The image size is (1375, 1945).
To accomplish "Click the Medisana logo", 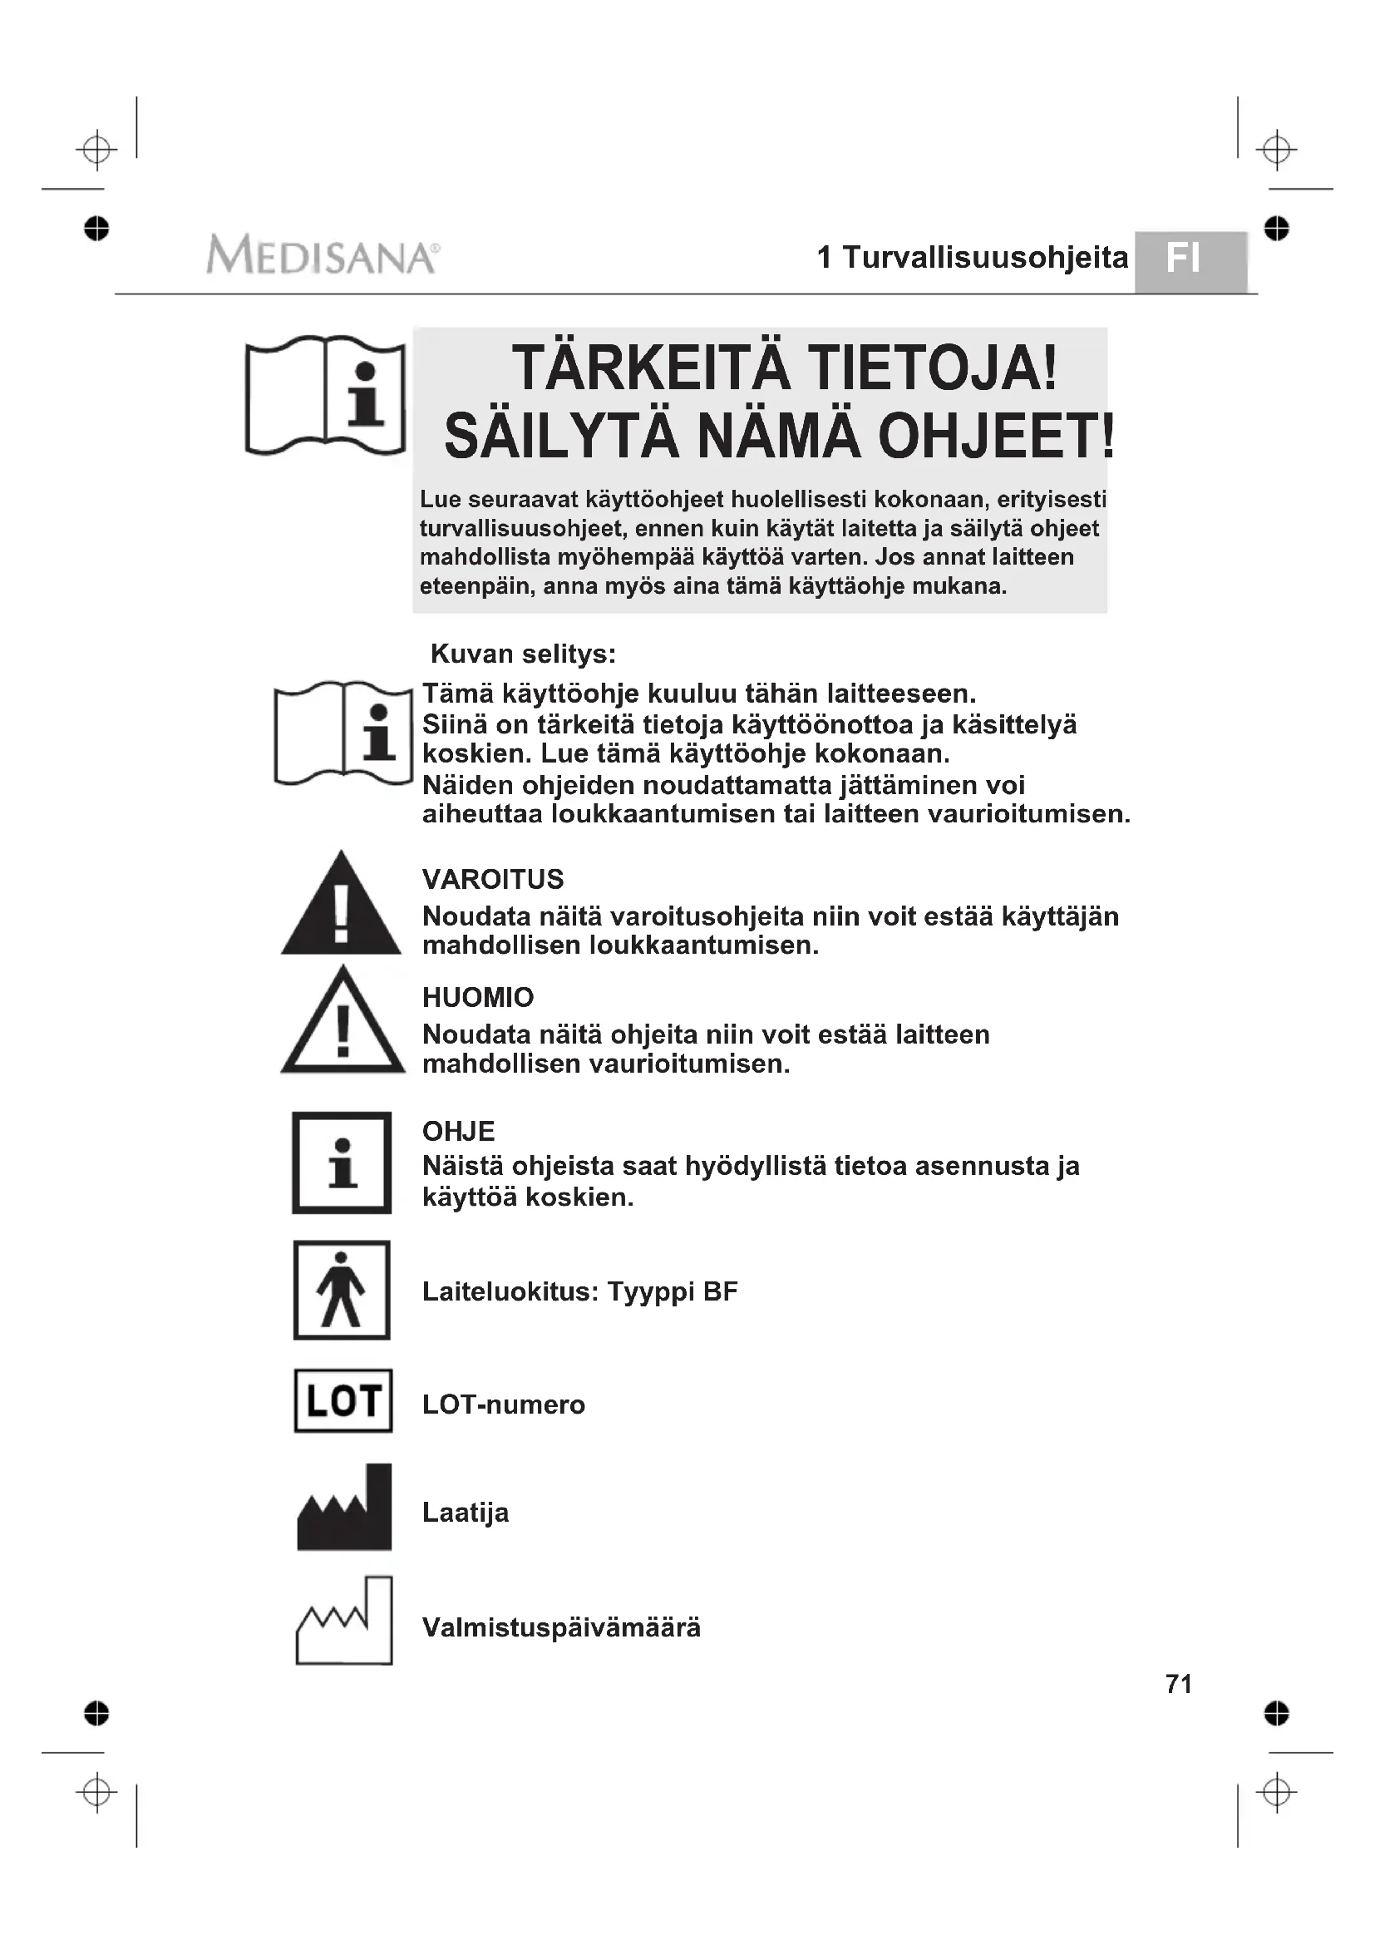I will tap(323, 255).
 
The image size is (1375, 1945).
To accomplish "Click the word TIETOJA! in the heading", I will tap(932, 368).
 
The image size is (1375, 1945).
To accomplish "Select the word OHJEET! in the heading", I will tap(996, 437).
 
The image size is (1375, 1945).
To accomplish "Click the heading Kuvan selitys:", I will tap(523, 654).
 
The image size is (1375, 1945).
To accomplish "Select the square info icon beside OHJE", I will tap(342, 1163).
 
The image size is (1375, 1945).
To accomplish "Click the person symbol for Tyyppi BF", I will tap(342, 1291).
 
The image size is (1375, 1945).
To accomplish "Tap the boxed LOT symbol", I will tap(343, 1401).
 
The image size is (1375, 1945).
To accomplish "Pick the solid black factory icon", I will tap(345, 1508).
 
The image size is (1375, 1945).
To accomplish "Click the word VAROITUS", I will tap(493, 879).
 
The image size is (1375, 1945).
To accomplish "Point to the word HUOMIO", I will tap(477, 997).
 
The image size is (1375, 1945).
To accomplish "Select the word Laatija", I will tap(466, 1512).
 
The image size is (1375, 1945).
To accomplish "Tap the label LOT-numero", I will tap(504, 1404).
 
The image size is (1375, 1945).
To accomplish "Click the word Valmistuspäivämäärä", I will tap(561, 1627).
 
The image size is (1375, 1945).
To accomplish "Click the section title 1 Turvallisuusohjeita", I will tap(972, 258).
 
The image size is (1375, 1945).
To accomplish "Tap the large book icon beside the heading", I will tap(325, 396).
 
